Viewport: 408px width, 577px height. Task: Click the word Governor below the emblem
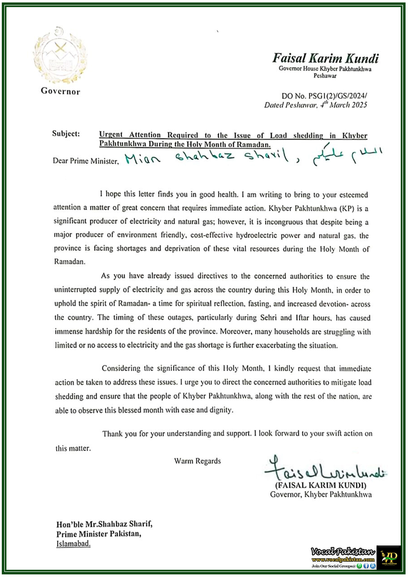click(60, 91)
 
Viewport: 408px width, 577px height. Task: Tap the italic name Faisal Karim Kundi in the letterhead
click(325, 58)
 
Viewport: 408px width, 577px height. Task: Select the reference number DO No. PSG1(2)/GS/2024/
click(324, 96)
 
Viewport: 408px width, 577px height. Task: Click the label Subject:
click(66, 134)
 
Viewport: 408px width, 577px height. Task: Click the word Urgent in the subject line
click(111, 135)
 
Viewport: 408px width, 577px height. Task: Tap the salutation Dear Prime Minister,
click(85, 161)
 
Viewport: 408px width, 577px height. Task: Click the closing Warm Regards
click(197, 461)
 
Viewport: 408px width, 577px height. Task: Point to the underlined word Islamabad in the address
click(73, 544)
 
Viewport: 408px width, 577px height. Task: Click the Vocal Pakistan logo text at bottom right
click(343, 552)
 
